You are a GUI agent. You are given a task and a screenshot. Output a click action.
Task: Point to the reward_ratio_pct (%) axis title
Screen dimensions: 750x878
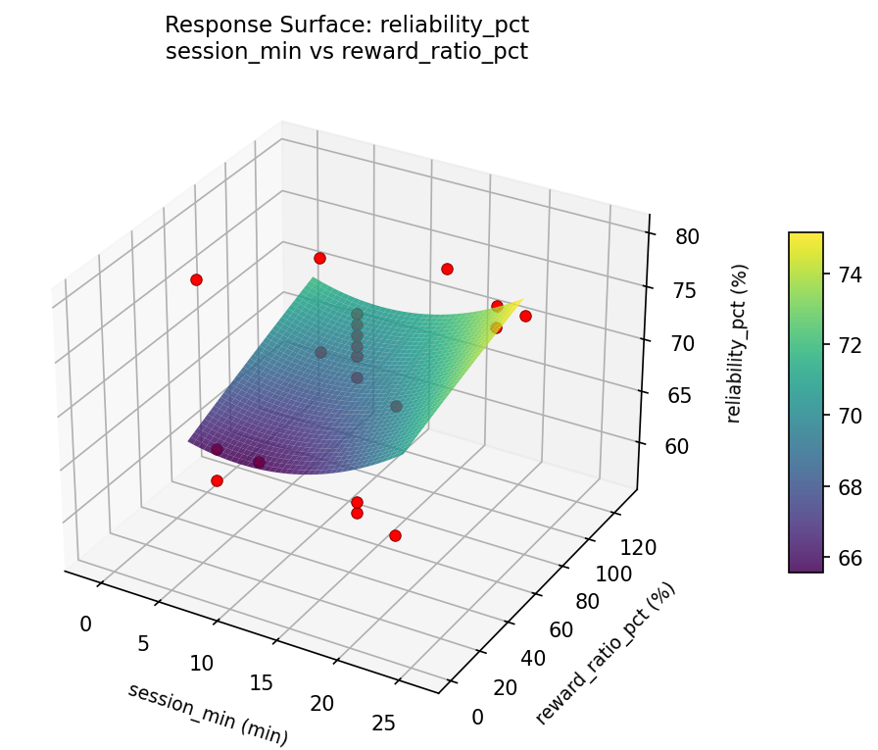point(605,654)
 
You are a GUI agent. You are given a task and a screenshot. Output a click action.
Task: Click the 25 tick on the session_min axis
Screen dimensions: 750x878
point(385,724)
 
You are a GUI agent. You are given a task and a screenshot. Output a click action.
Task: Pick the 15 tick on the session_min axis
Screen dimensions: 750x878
point(262,683)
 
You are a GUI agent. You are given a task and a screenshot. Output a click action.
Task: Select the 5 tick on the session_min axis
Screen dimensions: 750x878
point(143,643)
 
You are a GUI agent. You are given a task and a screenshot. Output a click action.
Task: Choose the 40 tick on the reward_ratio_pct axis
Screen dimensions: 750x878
point(532,660)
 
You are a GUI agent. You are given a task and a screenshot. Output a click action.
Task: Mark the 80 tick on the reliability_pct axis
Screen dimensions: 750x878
point(686,237)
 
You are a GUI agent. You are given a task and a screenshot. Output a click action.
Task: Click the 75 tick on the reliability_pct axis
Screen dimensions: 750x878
point(685,290)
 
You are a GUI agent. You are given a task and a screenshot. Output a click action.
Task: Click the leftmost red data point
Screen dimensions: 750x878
point(196,279)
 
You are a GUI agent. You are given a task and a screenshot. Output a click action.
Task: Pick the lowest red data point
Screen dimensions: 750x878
point(395,535)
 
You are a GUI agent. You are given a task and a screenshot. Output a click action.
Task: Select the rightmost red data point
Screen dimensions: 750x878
point(525,316)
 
